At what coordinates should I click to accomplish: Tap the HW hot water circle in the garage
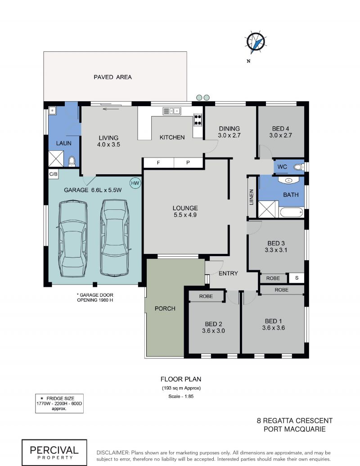tap(135, 183)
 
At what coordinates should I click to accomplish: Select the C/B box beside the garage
tap(54, 174)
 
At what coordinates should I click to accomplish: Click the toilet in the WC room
tap(298, 167)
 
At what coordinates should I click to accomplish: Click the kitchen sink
tap(172, 111)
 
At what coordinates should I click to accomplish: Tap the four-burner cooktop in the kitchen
tap(198, 120)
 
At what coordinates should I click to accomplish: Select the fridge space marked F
tap(158, 163)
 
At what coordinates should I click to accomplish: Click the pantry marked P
tap(188, 163)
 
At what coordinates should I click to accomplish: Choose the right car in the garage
tap(115, 237)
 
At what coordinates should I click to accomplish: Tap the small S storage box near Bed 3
tap(297, 278)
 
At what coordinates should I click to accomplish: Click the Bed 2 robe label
tap(206, 296)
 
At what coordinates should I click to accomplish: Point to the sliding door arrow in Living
tap(111, 109)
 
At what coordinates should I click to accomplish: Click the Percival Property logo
tap(54, 452)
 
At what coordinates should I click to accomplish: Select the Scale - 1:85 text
tap(181, 396)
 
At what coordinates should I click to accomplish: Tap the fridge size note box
tap(59, 403)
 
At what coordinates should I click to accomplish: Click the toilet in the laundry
tap(72, 161)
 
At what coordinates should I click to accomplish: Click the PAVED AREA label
tap(112, 77)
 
